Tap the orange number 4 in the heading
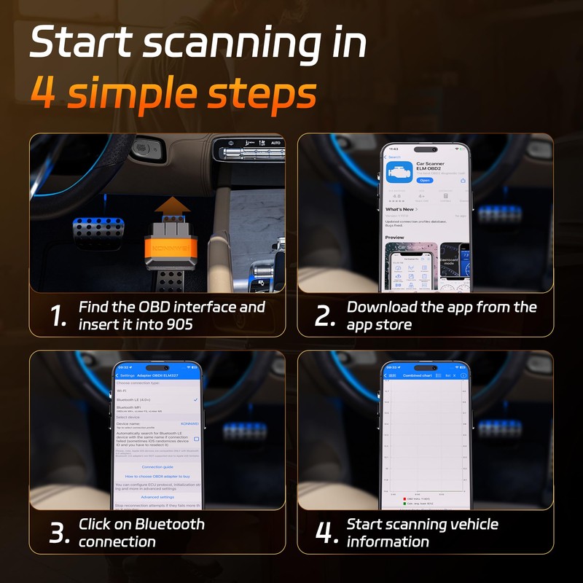[x=45, y=95]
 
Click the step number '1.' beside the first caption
[x=58, y=316]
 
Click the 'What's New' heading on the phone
[x=400, y=209]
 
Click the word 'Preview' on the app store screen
[x=395, y=238]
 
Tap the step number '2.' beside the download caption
[x=325, y=316]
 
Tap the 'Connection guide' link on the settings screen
[x=157, y=466]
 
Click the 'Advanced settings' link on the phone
[x=157, y=497]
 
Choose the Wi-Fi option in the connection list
[x=122, y=391]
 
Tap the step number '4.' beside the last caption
[x=326, y=533]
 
